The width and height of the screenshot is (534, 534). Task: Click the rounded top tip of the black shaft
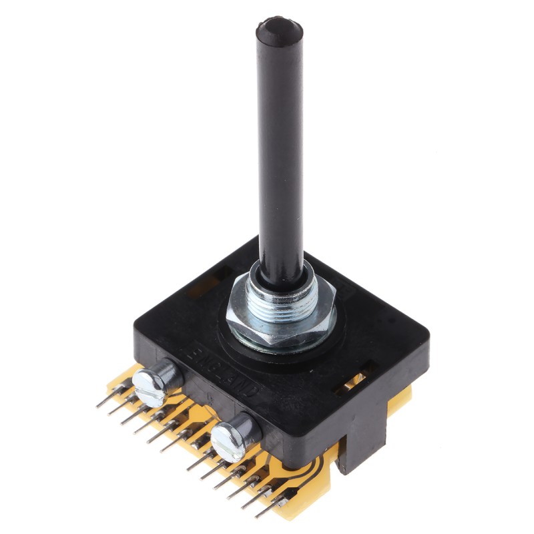click(278, 29)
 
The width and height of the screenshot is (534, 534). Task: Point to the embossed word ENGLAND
click(230, 370)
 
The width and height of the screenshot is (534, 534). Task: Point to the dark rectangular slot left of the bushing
click(203, 284)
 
